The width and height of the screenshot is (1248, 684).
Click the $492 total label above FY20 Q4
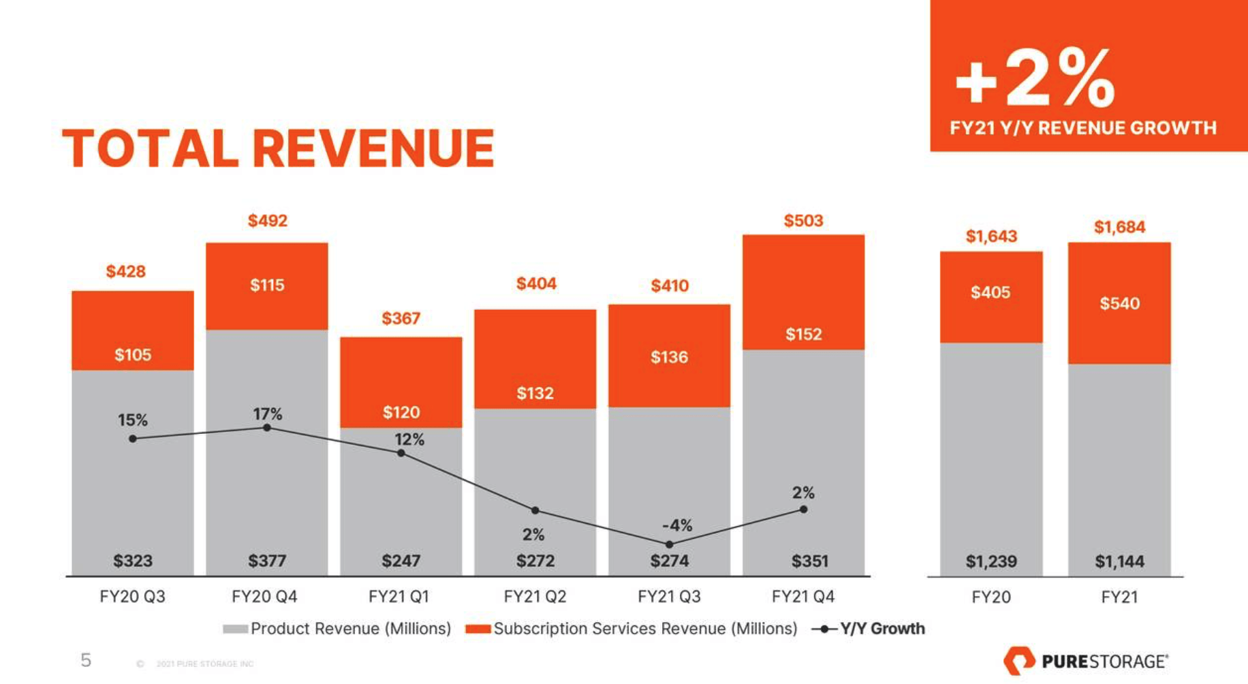click(x=267, y=221)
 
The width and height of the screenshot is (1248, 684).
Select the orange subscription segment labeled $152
click(x=803, y=293)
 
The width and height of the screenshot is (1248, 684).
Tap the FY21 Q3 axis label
click(x=668, y=597)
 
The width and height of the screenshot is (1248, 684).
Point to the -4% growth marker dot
click(x=669, y=544)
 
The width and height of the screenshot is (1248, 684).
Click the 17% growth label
click(x=267, y=414)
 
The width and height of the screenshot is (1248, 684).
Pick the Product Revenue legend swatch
click(x=235, y=629)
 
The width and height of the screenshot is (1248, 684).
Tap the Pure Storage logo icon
click(x=1018, y=660)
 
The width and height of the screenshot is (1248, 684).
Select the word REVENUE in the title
click(x=373, y=149)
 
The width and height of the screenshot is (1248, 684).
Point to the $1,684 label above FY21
click(x=1119, y=227)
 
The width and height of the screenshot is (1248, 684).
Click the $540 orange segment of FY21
click(x=1119, y=303)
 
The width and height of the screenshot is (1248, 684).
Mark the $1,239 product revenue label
click(x=990, y=562)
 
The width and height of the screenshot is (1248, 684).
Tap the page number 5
click(x=86, y=660)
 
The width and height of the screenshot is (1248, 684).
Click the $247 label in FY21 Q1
click(x=401, y=561)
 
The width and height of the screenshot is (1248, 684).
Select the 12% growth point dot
click(x=401, y=453)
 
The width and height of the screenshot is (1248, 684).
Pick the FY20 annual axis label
click(x=990, y=597)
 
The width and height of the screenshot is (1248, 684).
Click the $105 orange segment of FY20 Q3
click(x=133, y=330)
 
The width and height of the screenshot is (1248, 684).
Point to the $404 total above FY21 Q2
click(x=536, y=283)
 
